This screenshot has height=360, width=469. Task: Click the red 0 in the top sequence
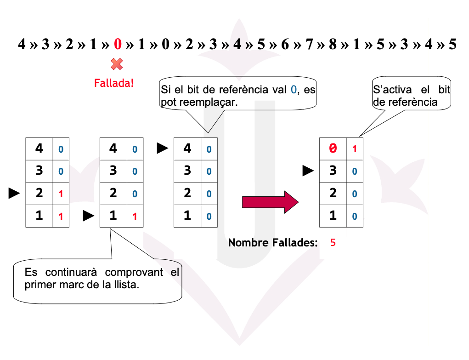pos(118,45)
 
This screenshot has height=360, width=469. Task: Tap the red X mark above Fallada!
pos(117,64)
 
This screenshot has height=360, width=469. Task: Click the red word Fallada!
pos(114,83)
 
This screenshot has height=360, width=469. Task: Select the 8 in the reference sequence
pos(332,45)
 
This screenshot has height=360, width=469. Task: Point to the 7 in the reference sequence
pos(309,45)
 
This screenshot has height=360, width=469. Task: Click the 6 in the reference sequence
pos(285,45)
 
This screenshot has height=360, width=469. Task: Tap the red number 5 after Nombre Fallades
pos(333,242)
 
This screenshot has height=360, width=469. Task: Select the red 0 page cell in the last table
pos(333,149)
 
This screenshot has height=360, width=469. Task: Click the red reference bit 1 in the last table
pos(354,149)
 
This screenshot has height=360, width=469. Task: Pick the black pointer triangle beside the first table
pos(14,194)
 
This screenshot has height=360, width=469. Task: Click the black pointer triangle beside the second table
pos(88,216)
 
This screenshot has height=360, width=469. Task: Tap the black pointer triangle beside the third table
pos(163,149)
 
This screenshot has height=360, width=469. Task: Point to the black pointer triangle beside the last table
pos(308,171)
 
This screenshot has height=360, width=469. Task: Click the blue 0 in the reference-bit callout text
pos(294,90)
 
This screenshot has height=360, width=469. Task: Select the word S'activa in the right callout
pos(389,90)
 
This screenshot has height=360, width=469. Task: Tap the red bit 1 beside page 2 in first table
pos(61,194)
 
